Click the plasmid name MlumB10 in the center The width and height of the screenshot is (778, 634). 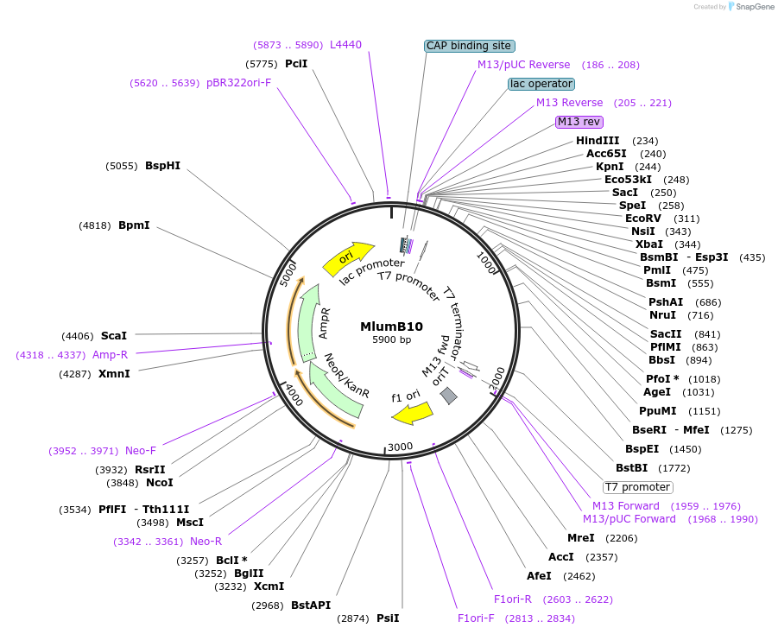click(x=391, y=327)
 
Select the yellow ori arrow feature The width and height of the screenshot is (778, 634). click(x=347, y=257)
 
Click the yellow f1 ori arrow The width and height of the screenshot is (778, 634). click(x=412, y=413)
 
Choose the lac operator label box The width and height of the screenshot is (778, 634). click(x=541, y=84)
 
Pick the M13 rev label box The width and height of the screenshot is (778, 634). click(x=579, y=122)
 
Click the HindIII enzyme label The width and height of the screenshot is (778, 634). click(x=598, y=141)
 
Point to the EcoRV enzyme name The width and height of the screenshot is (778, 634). click(x=642, y=219)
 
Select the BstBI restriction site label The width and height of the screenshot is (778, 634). click(x=630, y=468)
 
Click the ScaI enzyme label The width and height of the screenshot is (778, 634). click(x=114, y=335)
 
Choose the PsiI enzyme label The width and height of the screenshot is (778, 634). click(x=388, y=618)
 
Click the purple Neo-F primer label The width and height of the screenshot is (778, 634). click(x=141, y=451)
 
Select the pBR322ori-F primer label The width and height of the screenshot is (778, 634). click(x=238, y=83)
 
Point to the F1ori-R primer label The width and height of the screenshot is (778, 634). click(x=513, y=599)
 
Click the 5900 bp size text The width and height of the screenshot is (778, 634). click(x=391, y=340)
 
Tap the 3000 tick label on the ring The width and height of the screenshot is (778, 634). click(x=401, y=447)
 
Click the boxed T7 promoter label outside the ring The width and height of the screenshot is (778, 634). click(x=637, y=487)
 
